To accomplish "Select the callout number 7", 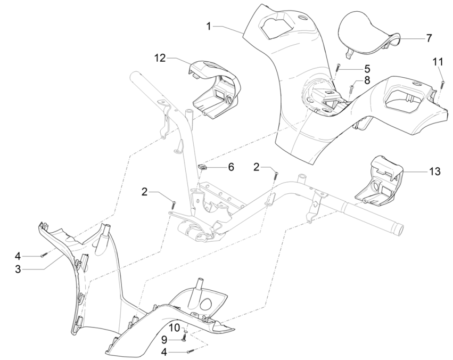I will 429,38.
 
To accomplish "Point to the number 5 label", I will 367,69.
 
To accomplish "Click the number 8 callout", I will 367,81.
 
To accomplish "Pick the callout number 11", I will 438,62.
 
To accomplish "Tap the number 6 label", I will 230,167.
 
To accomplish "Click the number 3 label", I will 18,269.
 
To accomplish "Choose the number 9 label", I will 164,339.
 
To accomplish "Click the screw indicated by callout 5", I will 337,68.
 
